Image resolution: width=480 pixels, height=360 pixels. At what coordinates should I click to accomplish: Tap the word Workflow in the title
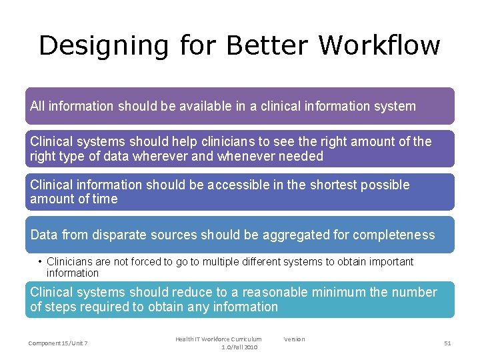coord(379,45)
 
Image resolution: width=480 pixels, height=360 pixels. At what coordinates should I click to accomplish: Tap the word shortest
coord(337,185)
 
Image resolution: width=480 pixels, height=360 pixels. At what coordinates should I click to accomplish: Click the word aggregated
coord(301,235)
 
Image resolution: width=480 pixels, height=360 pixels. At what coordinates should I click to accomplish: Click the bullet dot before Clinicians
coord(41,262)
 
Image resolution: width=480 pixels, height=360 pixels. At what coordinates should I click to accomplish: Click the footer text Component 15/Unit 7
coord(58,343)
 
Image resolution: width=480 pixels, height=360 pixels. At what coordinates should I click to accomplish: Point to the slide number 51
coord(447,343)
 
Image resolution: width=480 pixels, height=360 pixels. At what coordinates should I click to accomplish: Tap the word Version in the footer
coord(294,339)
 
